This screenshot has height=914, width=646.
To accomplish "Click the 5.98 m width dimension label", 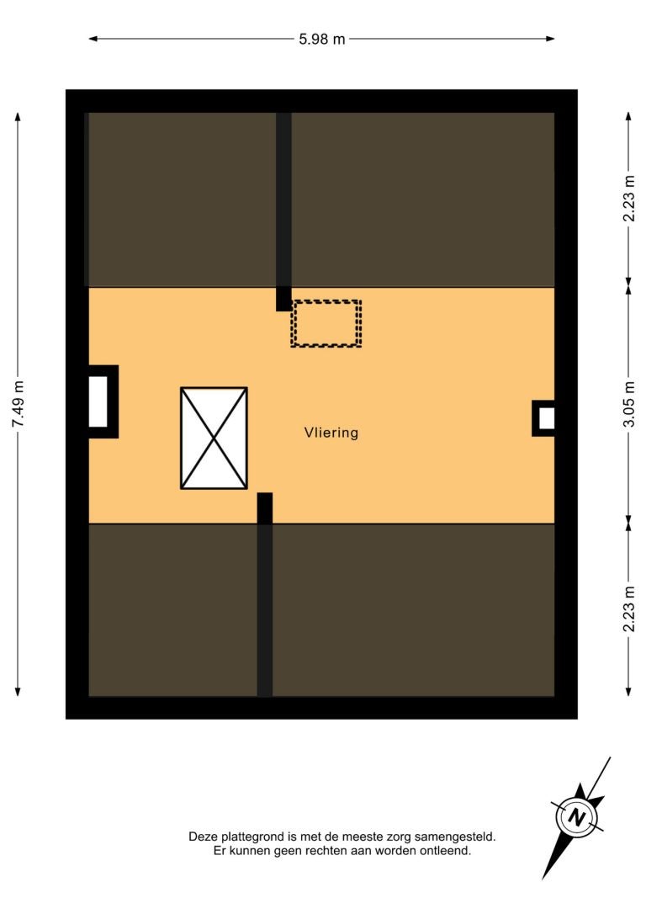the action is [321, 39].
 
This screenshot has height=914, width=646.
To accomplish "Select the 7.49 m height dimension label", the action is [18, 404].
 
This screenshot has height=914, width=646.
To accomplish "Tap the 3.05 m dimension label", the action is [628, 404].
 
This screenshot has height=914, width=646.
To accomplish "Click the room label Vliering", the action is [331, 433].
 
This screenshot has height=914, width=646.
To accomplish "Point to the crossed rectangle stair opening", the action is [214, 438].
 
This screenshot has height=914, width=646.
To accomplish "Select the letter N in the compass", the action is [577, 816].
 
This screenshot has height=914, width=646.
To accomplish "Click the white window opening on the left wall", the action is [98, 401].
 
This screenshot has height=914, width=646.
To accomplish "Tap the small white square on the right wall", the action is [547, 418].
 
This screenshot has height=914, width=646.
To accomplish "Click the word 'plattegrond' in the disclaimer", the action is [253, 837].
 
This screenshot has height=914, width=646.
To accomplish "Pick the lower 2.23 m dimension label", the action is [628, 608].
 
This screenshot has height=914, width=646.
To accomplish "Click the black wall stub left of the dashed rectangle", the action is [283, 299].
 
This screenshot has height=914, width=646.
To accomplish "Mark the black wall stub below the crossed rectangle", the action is [265, 508].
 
